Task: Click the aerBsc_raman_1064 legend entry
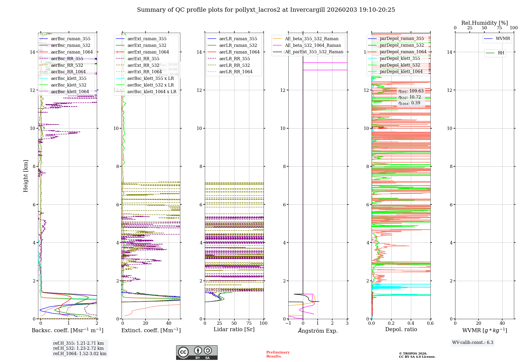pos(72,52)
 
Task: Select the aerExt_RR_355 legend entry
pos(143,59)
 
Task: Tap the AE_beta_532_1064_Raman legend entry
pos(313,46)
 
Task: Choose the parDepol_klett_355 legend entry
pos(400,59)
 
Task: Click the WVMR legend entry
pos(503,39)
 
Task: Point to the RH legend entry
pos(501,53)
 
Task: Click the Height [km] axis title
pos(26,176)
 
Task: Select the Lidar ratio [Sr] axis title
pos(234,330)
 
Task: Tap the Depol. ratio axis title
pos(401,330)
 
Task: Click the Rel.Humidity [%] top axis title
pos(484,23)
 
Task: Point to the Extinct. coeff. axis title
pos(151,330)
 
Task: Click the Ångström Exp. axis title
pos(318,331)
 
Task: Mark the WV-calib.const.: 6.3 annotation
pos(473,343)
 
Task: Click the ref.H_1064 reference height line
pos(80,354)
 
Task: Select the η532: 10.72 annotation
pos(410,97)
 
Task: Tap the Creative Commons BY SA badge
pos(197,352)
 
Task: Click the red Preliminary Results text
pos(278,354)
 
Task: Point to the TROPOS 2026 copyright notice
pos(417,355)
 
